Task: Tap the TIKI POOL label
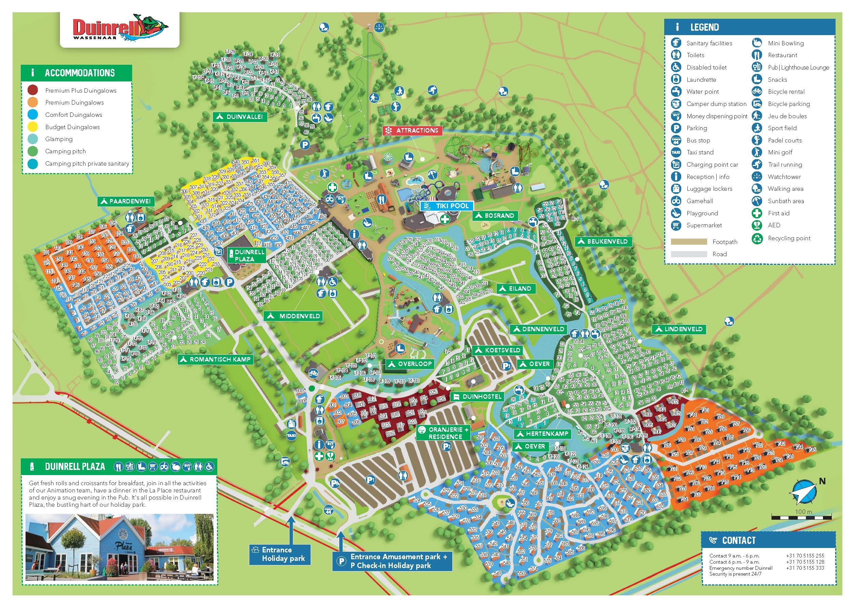coord(447,206)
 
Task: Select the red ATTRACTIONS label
coord(412,130)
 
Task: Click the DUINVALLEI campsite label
coord(240,117)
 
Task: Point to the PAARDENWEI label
coord(126,201)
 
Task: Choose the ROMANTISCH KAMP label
coord(216,360)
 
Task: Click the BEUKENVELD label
coord(603,242)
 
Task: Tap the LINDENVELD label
coord(679,330)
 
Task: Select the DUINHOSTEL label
coord(477,397)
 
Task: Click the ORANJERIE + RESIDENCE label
coord(444,433)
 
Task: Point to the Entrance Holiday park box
coord(280,554)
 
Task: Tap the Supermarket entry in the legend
coord(704,225)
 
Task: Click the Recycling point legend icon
coord(757,238)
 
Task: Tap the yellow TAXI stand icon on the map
coord(291,436)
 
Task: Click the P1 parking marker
coord(371,480)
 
